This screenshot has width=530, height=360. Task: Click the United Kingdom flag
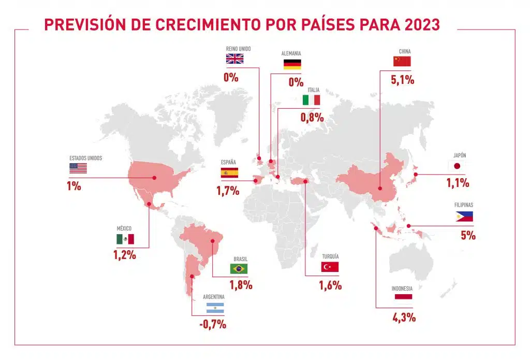click(x=234, y=59)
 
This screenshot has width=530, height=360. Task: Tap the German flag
click(x=292, y=64)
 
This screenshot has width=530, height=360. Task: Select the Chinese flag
click(x=402, y=62)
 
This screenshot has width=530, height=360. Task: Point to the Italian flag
click(x=312, y=100)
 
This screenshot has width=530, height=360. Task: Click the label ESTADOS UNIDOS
click(x=86, y=158)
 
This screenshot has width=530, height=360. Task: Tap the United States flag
click(x=78, y=168)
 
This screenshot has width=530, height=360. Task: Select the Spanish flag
click(x=229, y=173)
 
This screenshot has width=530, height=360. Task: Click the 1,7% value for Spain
click(x=228, y=191)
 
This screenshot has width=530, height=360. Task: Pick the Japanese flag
click(x=457, y=166)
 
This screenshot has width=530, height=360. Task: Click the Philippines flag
click(x=464, y=217)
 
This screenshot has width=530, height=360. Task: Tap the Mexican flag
click(x=125, y=239)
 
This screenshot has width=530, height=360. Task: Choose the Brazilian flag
click(x=239, y=268)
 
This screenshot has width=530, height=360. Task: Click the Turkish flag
click(x=330, y=267)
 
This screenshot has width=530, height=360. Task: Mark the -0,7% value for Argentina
click(x=213, y=325)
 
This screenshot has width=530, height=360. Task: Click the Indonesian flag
click(x=403, y=297)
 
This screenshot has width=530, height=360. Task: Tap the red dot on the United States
click(x=154, y=178)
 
